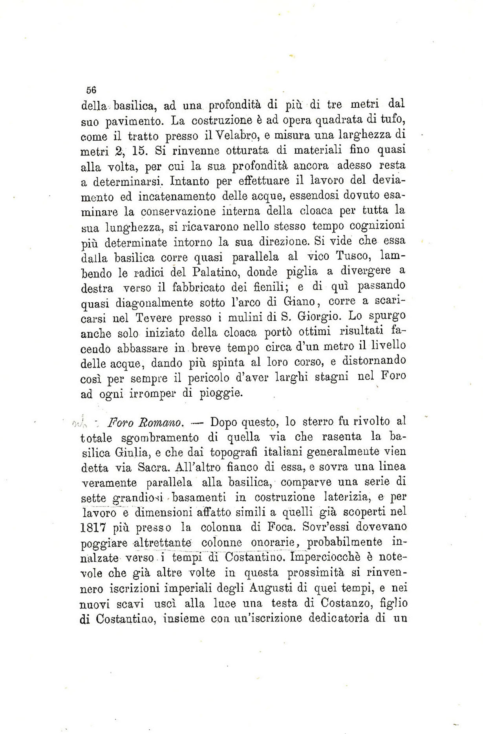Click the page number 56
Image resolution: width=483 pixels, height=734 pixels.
91,90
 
